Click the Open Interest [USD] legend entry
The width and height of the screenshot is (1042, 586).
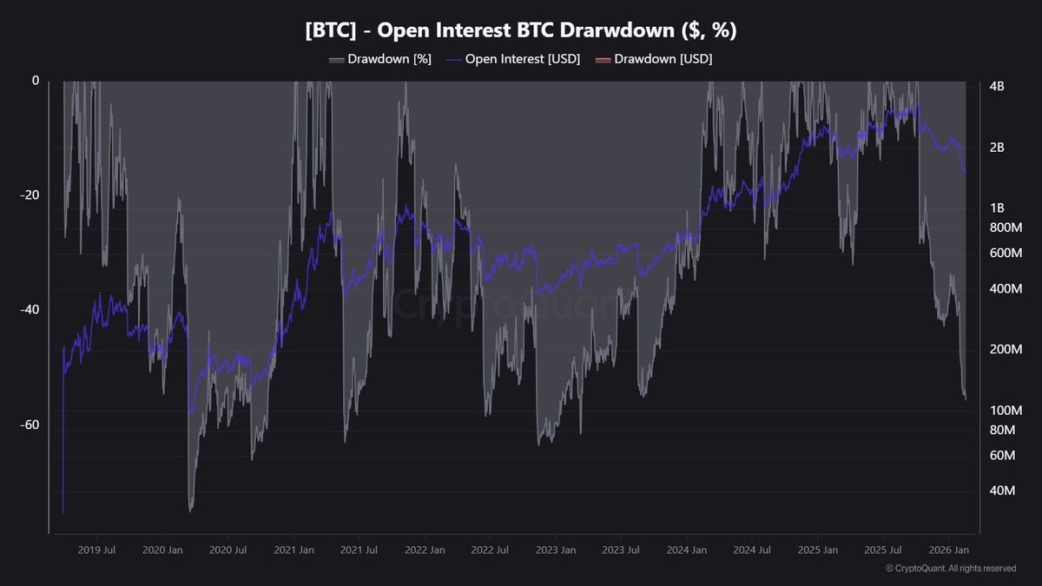click(x=513, y=59)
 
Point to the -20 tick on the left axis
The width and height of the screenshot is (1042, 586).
click(x=30, y=195)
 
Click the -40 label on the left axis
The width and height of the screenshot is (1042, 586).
click(x=30, y=310)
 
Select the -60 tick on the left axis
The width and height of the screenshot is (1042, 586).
click(x=30, y=425)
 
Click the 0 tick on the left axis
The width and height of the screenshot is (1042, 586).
click(x=36, y=81)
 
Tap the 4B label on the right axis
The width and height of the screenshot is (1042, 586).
click(x=997, y=87)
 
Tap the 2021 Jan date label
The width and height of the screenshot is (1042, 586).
click(x=293, y=550)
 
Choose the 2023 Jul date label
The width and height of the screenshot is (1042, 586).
click(x=621, y=550)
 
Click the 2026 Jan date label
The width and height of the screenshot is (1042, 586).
click(x=950, y=550)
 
